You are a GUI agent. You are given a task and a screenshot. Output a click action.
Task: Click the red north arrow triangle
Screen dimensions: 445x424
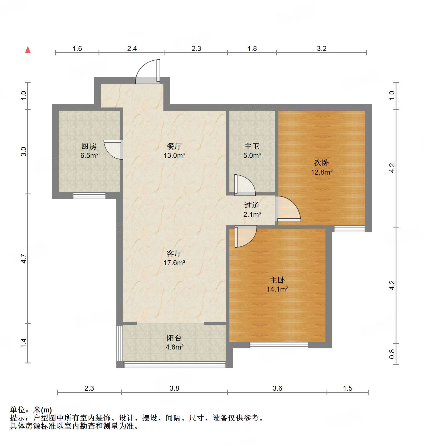tap(28, 50)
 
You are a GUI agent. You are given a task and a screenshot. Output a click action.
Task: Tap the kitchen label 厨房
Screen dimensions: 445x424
tap(89, 146)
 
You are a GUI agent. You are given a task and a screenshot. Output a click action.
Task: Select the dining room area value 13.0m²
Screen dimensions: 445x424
tap(175, 155)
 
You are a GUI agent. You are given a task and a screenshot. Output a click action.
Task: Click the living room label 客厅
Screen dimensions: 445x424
tap(174, 253)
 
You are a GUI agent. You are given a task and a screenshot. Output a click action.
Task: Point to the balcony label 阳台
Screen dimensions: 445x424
tap(174, 338)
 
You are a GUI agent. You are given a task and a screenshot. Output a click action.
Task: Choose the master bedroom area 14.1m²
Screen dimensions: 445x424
tap(277, 289)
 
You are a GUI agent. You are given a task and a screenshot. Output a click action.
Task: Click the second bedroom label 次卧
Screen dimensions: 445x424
tap(322, 163)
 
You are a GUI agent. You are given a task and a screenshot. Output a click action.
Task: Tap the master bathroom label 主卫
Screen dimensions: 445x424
tap(252, 146)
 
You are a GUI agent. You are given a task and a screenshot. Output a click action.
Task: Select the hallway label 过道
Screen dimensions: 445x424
tap(252, 205)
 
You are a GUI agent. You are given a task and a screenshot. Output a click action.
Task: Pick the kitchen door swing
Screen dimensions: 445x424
tap(113, 150)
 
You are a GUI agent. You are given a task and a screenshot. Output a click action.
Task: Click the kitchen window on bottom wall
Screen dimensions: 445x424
tap(89, 195)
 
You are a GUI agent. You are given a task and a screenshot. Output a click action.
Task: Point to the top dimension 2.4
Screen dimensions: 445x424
tap(132, 49)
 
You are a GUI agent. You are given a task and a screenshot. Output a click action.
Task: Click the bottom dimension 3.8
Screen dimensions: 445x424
tap(174, 388)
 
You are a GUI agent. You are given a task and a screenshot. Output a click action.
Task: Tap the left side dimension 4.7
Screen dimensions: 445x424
tap(24, 259)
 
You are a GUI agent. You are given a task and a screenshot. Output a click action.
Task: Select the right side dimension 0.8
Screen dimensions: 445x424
tap(392, 354)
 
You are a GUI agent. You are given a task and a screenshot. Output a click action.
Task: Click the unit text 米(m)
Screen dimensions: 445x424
tap(42, 410)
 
